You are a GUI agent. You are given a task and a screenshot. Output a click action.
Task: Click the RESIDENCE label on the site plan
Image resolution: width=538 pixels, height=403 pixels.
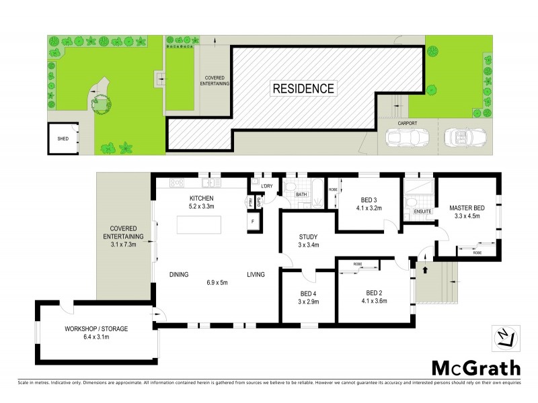click(x=303, y=88)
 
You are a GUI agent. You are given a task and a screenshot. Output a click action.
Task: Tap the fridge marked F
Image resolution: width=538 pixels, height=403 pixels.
click(x=253, y=221)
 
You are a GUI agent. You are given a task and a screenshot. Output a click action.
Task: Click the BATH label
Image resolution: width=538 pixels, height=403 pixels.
click(x=301, y=195)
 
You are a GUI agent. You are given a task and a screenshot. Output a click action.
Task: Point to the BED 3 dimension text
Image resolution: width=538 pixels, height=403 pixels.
click(x=368, y=208)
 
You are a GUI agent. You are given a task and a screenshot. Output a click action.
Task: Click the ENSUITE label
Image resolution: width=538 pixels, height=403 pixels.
click(x=422, y=211)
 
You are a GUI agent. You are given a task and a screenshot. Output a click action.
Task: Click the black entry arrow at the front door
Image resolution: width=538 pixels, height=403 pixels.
click(x=424, y=270)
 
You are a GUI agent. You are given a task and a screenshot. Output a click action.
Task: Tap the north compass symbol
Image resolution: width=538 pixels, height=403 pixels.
click(x=508, y=339)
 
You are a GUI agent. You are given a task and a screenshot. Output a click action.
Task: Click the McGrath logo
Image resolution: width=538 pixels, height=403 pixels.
click(x=475, y=368)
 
